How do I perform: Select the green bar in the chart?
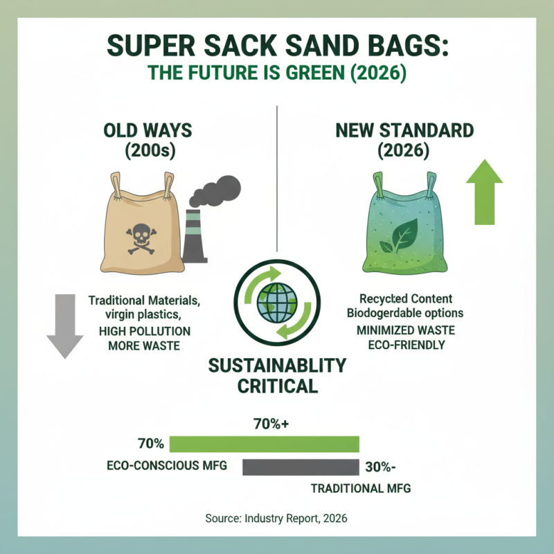click(264, 444)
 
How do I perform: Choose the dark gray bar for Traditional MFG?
click(300, 467)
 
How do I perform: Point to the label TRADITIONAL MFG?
click(360, 488)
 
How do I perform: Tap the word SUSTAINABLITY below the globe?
click(277, 365)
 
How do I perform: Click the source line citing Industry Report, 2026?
click(276, 518)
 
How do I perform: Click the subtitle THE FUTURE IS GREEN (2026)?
click(276, 73)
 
